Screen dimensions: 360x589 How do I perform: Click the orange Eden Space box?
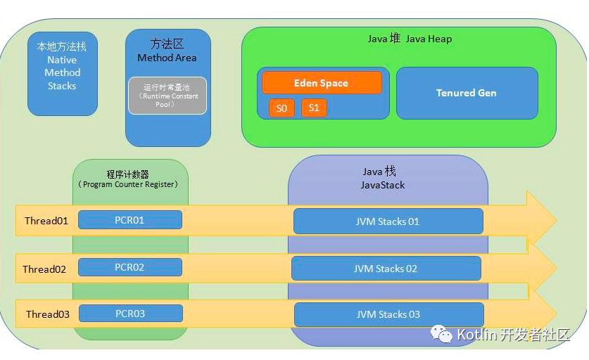tap(322, 83)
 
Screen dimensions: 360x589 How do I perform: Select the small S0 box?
tap(281, 108)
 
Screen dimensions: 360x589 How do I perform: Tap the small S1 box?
tap(314, 108)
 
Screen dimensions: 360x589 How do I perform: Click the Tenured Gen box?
tap(466, 93)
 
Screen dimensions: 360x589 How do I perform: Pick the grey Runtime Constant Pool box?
tap(167, 96)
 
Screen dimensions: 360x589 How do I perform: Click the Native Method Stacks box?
tap(63, 73)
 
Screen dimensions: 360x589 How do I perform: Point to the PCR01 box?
tap(129, 220)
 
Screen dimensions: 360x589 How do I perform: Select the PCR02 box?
tap(129, 267)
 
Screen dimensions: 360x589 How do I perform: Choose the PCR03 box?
tap(130, 314)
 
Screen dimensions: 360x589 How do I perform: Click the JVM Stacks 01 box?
tap(388, 221)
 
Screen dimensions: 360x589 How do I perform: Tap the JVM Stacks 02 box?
tap(386, 269)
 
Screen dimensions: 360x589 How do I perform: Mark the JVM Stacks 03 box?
tap(388, 314)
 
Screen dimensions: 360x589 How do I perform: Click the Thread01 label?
tap(46, 221)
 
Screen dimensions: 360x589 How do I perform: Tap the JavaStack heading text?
tap(383, 185)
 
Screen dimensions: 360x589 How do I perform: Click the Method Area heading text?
tap(167, 58)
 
